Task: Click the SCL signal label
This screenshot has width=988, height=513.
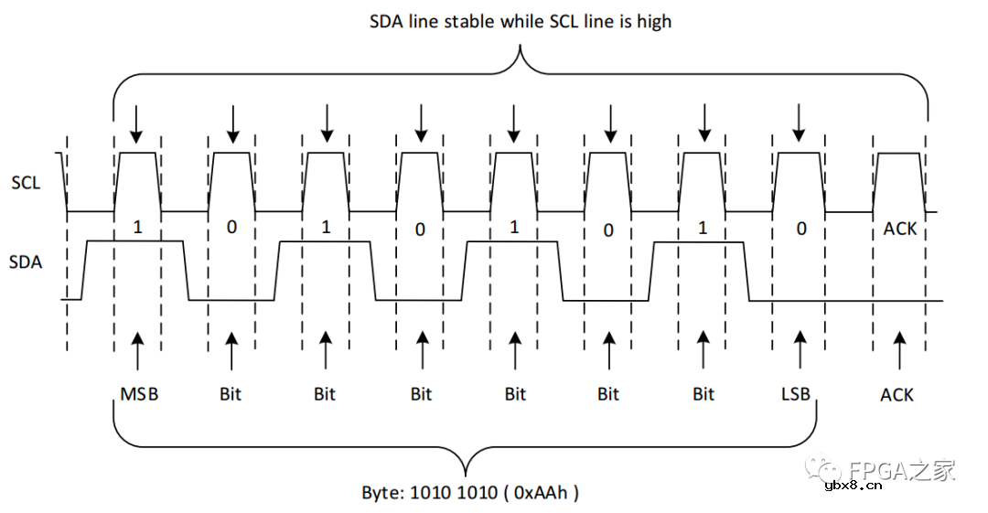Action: coord(26,183)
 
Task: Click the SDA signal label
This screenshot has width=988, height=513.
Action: coord(26,262)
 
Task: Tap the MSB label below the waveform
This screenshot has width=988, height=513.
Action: coord(139,394)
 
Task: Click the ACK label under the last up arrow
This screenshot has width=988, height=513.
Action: coord(897,395)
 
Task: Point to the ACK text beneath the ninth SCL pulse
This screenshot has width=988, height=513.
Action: coord(899,229)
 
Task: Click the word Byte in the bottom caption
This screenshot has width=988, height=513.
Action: coord(382,492)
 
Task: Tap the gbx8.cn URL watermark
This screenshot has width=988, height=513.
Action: coord(854,486)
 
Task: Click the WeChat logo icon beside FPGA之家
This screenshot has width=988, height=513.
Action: coord(817,470)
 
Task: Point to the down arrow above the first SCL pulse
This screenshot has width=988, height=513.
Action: coord(136,123)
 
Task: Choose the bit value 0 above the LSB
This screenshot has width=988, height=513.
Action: coord(801,229)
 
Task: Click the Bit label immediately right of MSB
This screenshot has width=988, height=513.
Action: coord(231,394)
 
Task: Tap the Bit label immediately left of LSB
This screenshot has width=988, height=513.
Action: coord(703,394)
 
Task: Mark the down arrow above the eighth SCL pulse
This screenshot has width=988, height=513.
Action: coord(799,123)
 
